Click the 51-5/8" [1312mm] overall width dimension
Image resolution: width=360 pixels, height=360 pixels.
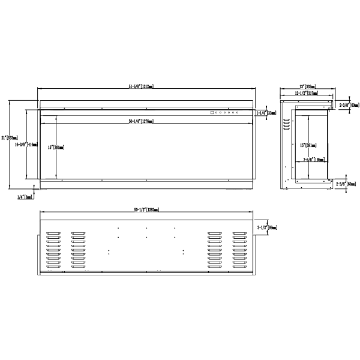click(x=141, y=86)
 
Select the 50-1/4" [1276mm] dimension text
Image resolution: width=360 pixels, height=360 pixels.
click(x=141, y=122)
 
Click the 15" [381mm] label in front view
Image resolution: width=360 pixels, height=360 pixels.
click(x=55, y=148)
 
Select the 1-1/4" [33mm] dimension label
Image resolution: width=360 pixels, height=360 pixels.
click(x=265, y=112)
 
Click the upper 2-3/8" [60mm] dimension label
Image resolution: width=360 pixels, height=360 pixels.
click(x=347, y=104)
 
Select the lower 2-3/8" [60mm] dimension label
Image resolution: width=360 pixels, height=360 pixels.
click(x=346, y=184)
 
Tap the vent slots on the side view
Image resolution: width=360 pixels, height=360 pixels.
click(x=286, y=126)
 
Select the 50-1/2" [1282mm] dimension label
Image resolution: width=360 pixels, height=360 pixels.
click(x=146, y=209)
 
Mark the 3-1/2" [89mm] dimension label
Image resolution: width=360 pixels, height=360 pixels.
click(x=266, y=228)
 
